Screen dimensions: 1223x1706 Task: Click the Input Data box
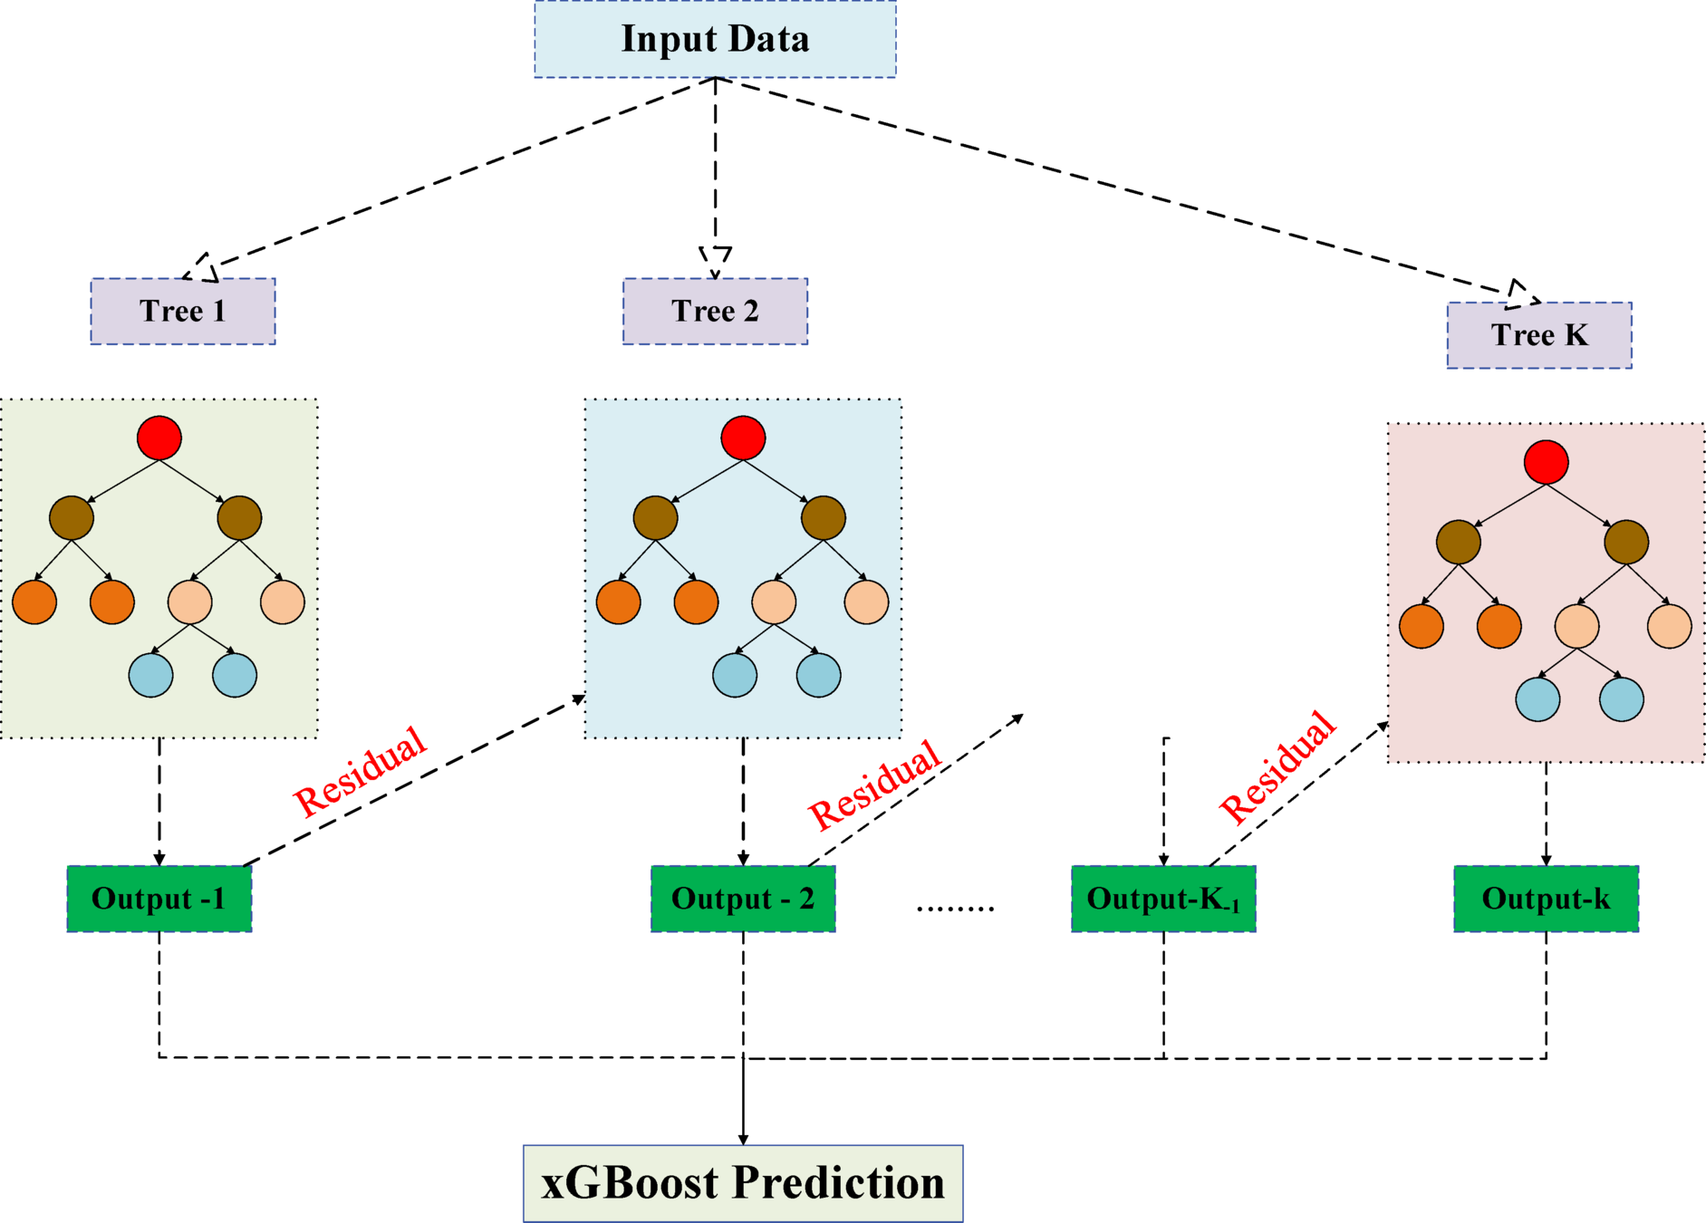(715, 39)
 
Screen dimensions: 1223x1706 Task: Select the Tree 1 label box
(182, 311)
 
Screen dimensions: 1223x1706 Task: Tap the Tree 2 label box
(715, 311)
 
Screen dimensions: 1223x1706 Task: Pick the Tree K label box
(1539, 335)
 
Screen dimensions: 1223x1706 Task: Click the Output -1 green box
(159, 899)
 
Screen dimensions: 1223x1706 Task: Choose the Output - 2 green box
(743, 899)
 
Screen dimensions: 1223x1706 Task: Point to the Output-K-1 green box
(1163, 899)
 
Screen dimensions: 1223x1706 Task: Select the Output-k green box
(1546, 899)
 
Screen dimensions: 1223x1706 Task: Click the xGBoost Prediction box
(743, 1183)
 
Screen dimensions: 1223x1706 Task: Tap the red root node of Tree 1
(159, 438)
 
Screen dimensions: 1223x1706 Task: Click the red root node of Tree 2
(743, 438)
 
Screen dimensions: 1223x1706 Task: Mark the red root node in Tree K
(1546, 463)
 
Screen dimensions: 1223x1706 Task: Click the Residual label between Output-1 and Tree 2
(360, 772)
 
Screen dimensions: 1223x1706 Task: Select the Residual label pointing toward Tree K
(1277, 767)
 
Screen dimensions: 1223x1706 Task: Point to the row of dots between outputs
(955, 907)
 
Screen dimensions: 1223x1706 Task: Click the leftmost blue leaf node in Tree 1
(151, 675)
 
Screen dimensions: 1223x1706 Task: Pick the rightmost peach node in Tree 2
(866, 602)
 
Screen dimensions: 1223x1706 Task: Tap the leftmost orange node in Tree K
(1422, 626)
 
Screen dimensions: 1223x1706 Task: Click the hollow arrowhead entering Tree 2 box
(715, 261)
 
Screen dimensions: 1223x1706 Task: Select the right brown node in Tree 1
(239, 518)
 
